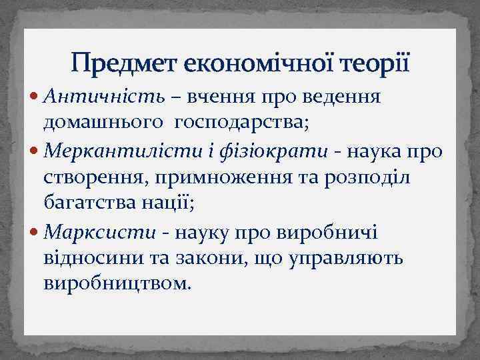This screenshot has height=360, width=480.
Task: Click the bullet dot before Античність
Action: click(35, 97)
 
